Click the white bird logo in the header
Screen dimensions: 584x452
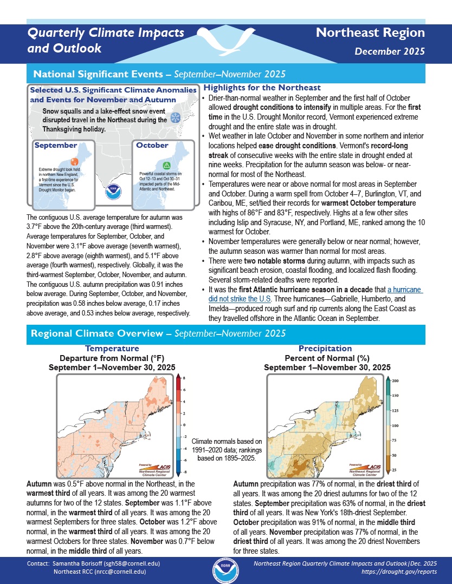click(x=225, y=39)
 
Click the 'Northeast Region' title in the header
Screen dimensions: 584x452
click(x=370, y=32)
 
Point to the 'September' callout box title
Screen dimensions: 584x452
click(x=56, y=146)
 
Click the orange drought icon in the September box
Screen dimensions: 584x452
click(x=75, y=161)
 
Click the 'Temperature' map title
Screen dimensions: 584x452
click(x=112, y=349)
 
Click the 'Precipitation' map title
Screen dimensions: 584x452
click(x=325, y=349)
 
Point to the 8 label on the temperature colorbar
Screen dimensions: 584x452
click(x=184, y=378)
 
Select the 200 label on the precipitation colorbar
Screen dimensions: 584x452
click(x=396, y=382)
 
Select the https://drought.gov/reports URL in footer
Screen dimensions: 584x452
click(x=398, y=572)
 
